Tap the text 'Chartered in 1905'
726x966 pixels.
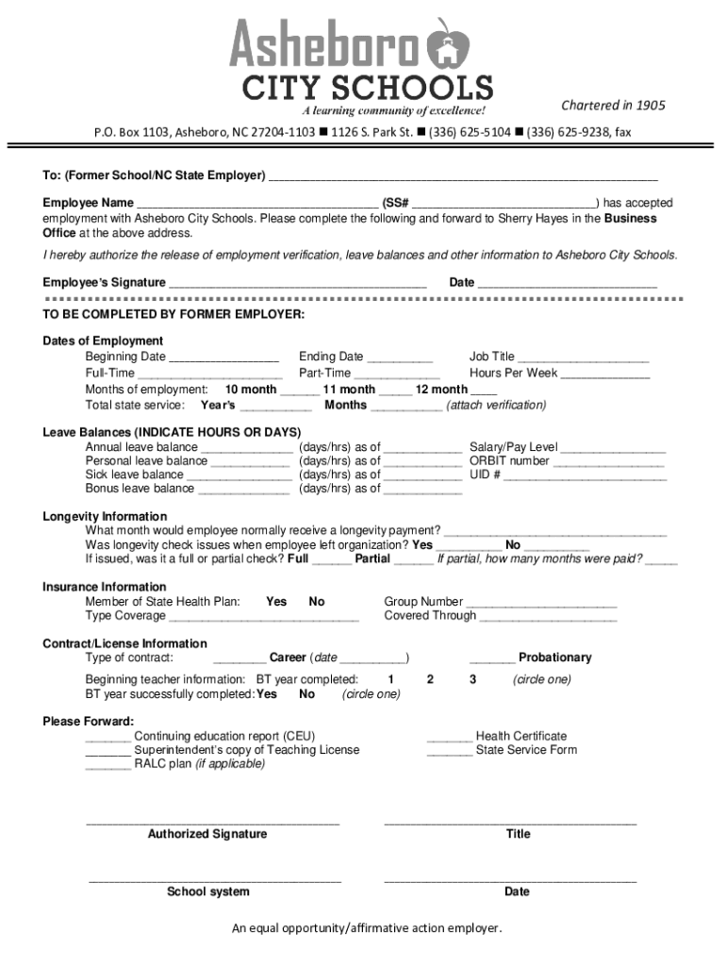[x=613, y=105]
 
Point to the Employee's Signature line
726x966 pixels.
[x=298, y=283]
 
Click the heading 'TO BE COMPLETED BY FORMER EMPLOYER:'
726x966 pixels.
[x=173, y=313]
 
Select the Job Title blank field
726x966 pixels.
[x=584, y=358]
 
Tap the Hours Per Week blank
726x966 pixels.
[x=605, y=374]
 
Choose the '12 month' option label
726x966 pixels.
[x=441, y=390]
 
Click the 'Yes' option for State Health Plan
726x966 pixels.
[x=276, y=602]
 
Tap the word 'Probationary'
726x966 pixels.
[x=554, y=658]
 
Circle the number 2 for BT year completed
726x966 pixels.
[x=430, y=679]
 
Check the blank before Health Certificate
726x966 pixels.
[x=450, y=737]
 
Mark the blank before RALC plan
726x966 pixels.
[x=108, y=765]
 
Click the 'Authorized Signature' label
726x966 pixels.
[x=207, y=834]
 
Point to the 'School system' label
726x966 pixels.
[x=208, y=891]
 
